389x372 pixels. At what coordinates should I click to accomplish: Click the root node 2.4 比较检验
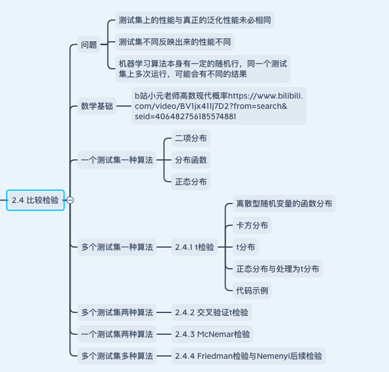click(35, 200)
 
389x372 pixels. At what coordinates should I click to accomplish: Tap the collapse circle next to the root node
click(70, 200)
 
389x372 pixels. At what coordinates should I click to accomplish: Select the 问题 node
click(89, 45)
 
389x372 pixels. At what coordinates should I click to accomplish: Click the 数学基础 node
click(97, 106)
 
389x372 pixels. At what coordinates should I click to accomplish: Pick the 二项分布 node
click(191, 138)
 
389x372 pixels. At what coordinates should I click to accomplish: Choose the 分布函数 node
click(191, 160)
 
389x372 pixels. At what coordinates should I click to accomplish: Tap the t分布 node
click(246, 247)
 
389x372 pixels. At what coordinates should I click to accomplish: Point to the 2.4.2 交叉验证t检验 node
click(211, 313)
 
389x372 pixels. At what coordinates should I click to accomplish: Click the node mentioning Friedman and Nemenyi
click(249, 356)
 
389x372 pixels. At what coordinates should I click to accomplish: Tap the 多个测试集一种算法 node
click(117, 247)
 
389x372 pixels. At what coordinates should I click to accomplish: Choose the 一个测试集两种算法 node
click(117, 334)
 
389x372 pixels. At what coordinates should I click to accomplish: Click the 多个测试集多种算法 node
click(117, 356)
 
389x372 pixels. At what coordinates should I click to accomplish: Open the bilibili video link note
click(218, 106)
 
